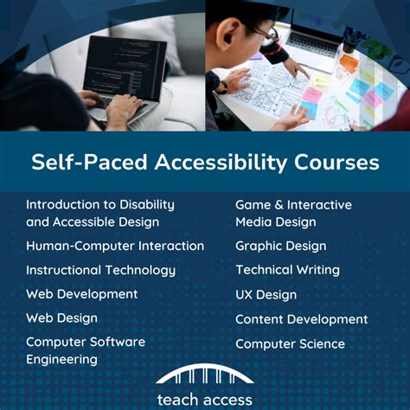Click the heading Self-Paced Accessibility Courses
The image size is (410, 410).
pyautogui.click(x=205, y=163)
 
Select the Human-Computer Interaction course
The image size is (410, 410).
pyautogui.click(x=115, y=246)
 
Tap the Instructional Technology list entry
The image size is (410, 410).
pyautogui.click(x=100, y=270)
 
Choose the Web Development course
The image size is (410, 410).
pyautogui.click(x=81, y=294)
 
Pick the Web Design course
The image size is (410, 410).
pyautogui.click(x=61, y=318)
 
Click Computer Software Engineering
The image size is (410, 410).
pyautogui.click(x=85, y=350)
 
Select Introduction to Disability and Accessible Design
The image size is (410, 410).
pyautogui.click(x=99, y=213)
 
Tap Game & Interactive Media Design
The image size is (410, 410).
pyautogui.click(x=293, y=213)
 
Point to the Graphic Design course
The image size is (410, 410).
pyautogui.click(x=280, y=246)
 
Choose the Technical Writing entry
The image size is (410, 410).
pyautogui.click(x=287, y=270)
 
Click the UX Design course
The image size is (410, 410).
pyautogui.click(x=266, y=294)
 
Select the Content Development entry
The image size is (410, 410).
pyautogui.click(x=301, y=319)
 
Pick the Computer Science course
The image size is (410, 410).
pyautogui.click(x=290, y=343)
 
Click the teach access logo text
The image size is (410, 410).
pyautogui.click(x=205, y=399)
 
